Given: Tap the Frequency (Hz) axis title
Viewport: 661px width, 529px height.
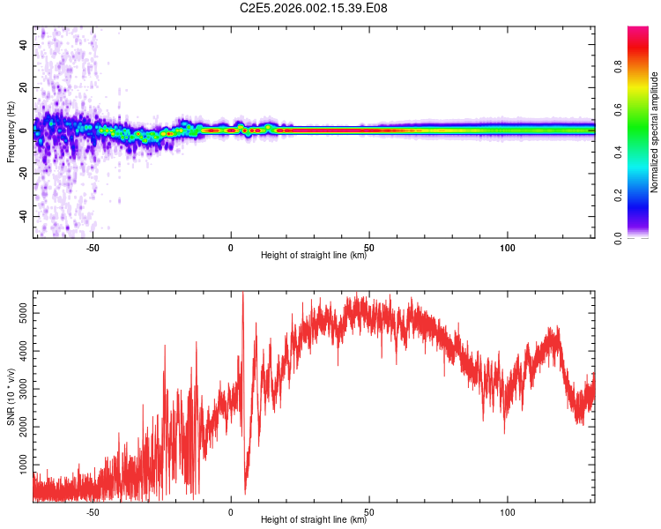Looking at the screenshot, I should coord(11,132).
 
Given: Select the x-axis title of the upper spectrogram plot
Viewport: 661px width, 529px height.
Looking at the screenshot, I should coord(314,256).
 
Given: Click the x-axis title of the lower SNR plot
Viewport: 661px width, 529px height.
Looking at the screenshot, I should coord(314,520).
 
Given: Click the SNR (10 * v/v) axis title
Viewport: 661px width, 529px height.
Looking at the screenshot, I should coord(11,397).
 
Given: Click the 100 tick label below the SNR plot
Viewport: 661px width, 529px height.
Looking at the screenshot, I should coord(508,510).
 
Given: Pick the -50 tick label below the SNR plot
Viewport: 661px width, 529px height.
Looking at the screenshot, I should coord(92,510).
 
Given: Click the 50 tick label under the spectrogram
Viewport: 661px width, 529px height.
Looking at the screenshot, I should coord(369,246).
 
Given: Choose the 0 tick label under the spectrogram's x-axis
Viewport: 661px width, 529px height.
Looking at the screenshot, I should coord(231,246).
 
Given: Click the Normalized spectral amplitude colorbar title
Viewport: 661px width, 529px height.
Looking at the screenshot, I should coord(654,132).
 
